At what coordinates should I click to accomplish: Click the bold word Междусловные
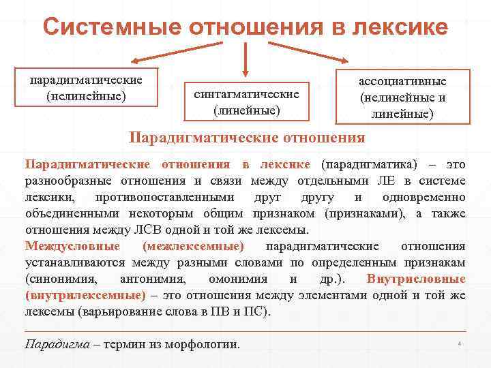tap(72, 245)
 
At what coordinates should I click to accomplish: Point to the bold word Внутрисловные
tap(416, 279)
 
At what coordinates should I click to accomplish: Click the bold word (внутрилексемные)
tap(85, 295)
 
